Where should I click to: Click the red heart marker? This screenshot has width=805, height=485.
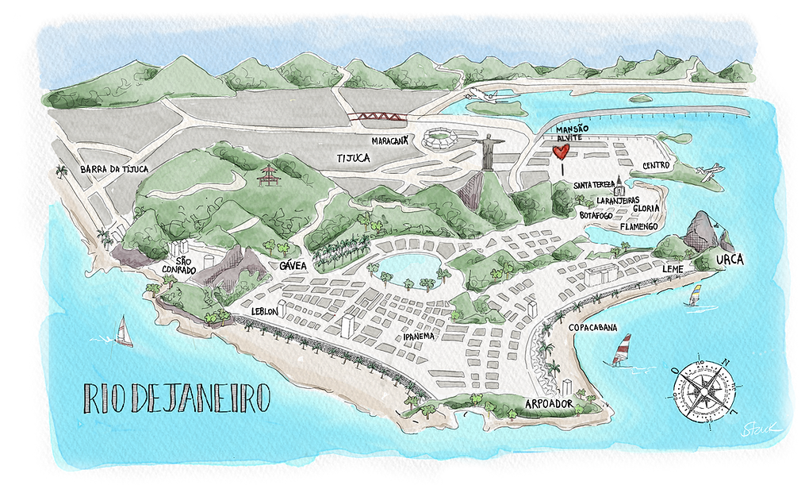(x=561, y=152)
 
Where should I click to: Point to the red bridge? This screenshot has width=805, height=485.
(x=381, y=117)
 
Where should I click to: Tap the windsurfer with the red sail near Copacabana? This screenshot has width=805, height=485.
(x=623, y=350)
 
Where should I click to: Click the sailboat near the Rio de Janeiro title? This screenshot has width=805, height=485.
(x=124, y=332)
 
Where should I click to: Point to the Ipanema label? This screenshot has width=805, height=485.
(x=418, y=337)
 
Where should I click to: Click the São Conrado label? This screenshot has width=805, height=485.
(x=182, y=264)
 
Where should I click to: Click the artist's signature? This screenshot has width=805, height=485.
(x=760, y=429)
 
